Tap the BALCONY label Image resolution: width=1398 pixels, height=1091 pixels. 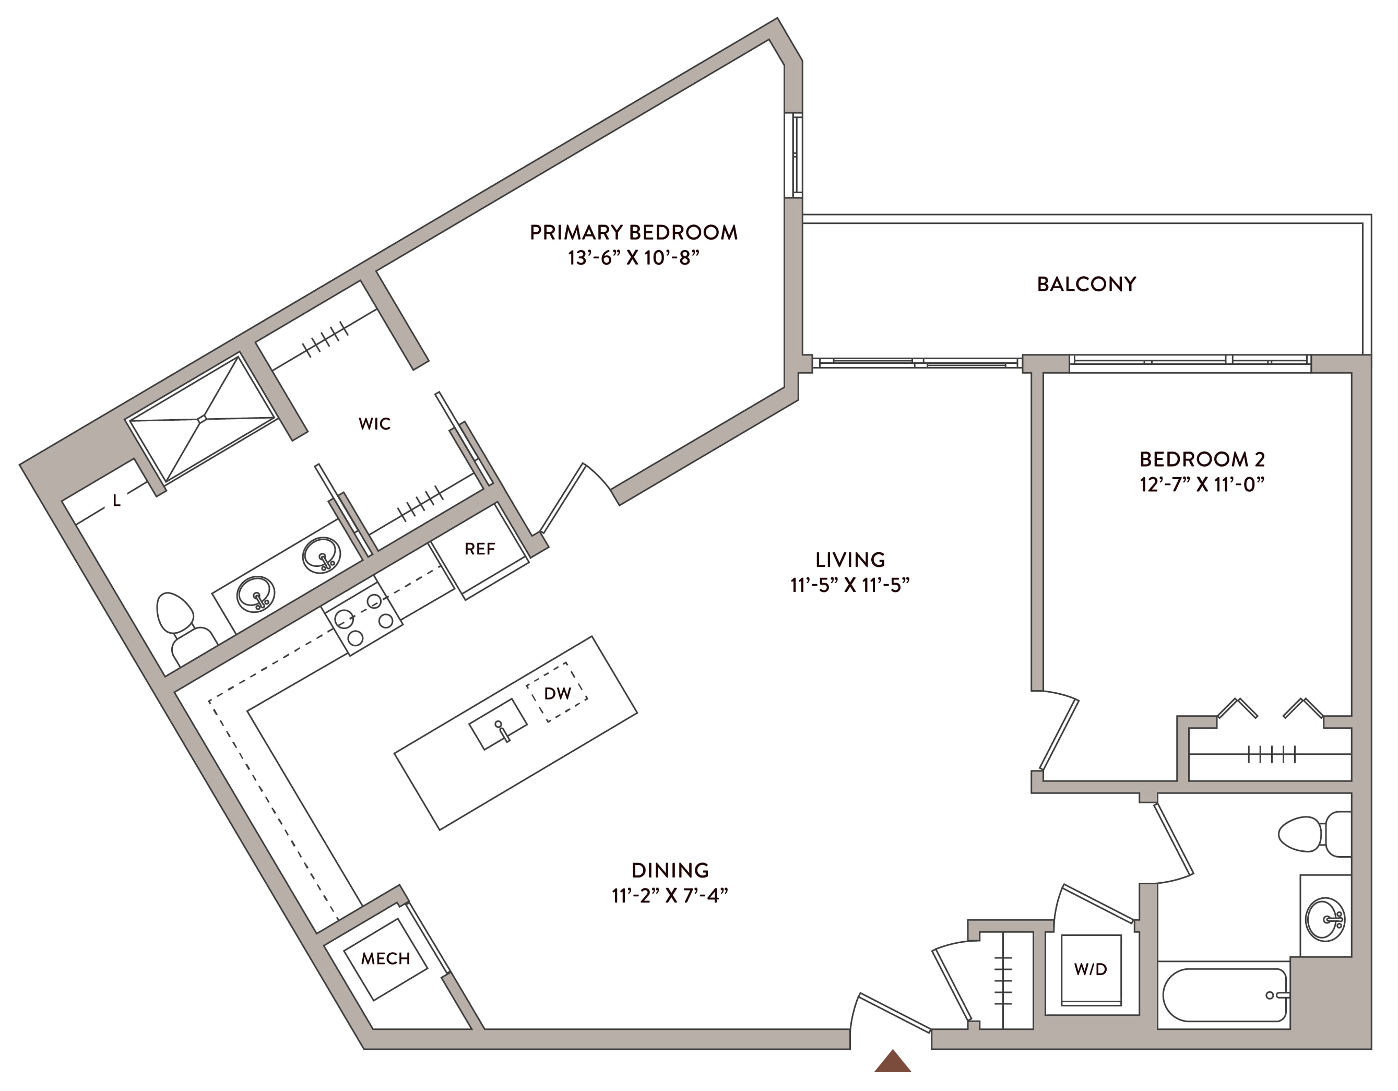[1086, 284]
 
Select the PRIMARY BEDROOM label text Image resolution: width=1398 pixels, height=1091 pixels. [633, 232]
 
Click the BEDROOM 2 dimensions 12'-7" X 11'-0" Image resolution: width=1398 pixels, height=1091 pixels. [1202, 484]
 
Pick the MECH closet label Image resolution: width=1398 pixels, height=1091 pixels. [385, 958]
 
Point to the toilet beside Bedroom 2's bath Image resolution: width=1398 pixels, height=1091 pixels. [1314, 834]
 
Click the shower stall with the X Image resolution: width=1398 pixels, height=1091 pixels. [202, 419]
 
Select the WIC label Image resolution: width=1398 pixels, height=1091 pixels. [374, 424]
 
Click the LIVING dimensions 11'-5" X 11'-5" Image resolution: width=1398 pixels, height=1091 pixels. [850, 585]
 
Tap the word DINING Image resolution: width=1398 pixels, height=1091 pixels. [670, 870]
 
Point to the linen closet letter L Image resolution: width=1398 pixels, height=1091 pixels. [116, 501]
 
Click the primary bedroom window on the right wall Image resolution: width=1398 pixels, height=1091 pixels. [793, 155]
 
